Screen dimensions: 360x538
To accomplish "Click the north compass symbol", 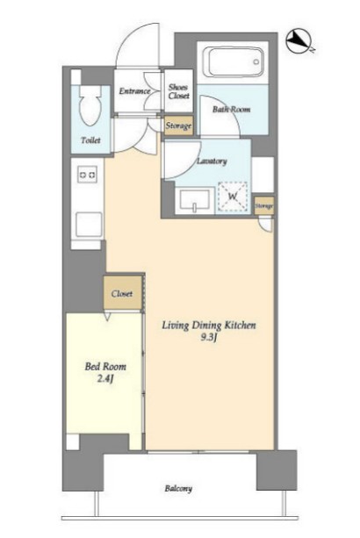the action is tap(299, 41).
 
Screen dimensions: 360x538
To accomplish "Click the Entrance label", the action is tap(134, 91).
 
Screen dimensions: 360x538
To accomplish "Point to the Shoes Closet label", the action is tap(178, 91).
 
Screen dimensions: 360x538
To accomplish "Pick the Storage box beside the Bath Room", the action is tap(178, 126).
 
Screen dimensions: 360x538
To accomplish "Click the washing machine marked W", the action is tap(233, 197).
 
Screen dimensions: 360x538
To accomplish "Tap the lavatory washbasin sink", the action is tap(195, 201).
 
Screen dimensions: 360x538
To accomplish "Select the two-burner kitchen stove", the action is tap(88, 175).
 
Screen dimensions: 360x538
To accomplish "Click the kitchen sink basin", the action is tap(89, 225).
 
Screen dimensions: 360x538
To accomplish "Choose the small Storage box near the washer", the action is tap(264, 205).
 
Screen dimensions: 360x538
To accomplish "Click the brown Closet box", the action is tap(122, 294).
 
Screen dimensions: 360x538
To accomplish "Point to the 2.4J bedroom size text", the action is tap(105, 380).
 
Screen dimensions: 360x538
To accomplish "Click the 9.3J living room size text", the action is tap(209, 338).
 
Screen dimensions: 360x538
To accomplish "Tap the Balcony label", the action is tap(178, 488).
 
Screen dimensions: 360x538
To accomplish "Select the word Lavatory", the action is tap(212, 161).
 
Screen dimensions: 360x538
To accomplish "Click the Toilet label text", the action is tap(91, 140).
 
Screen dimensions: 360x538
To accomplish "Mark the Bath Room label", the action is tap(231, 110).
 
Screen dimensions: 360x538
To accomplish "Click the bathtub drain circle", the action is tap(256, 62).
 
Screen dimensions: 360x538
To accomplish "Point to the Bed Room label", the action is tap(105, 367).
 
